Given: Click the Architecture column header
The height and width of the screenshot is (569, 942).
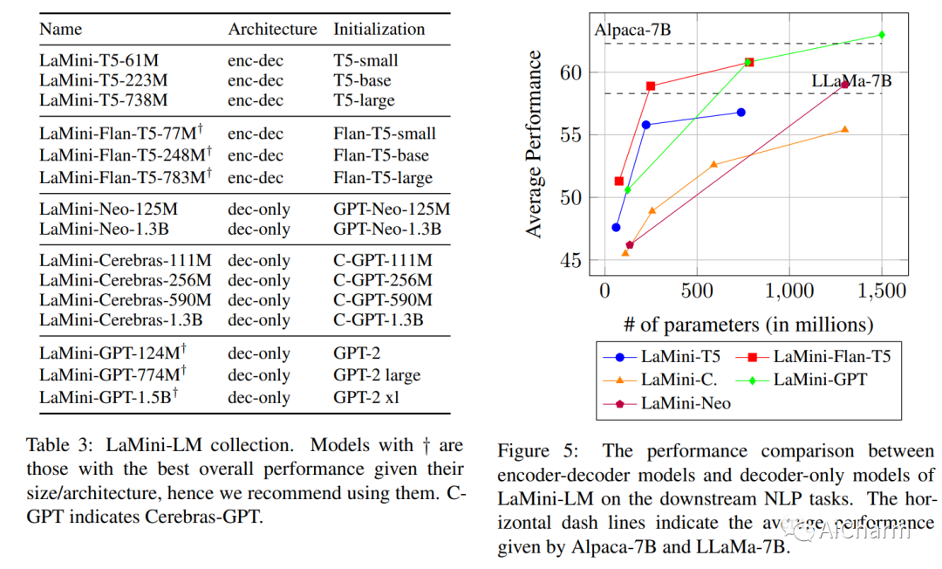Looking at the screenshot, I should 272,29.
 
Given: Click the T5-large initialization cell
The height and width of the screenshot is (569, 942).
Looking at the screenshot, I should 364,100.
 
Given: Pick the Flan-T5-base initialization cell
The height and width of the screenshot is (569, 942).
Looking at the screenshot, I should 381,155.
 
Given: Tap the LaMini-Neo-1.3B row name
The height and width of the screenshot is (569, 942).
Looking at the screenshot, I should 104,230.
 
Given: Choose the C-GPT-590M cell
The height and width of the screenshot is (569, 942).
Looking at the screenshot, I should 383,299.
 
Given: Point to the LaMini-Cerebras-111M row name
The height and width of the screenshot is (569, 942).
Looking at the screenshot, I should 125,260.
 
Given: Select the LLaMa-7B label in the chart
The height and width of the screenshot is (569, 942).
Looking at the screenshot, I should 851,80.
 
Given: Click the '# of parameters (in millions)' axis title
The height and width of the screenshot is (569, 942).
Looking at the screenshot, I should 747,325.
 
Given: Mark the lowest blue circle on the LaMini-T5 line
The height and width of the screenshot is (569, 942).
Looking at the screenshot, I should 616,227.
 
